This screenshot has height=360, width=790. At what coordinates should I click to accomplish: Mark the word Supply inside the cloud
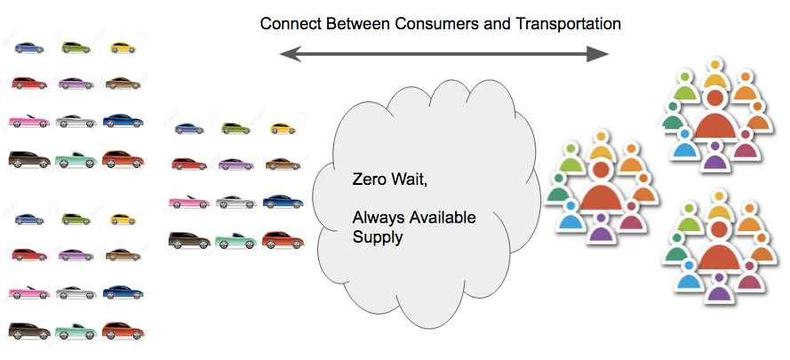[x=377, y=237]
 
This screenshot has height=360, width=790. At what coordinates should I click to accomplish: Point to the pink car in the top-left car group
[x=28, y=120]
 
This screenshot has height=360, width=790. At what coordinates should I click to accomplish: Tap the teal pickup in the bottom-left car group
[x=75, y=332]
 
